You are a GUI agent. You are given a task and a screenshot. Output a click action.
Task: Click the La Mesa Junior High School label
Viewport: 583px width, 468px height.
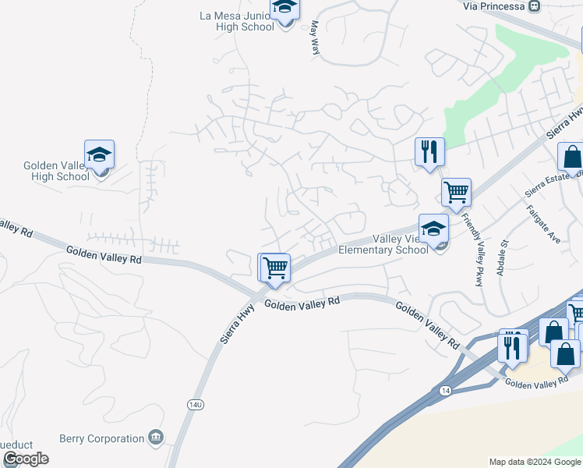point(237,21)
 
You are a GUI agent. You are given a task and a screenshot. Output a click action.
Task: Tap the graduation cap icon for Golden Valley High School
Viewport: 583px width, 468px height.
point(100,154)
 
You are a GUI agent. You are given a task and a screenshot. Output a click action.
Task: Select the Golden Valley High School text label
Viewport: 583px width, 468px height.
point(56,171)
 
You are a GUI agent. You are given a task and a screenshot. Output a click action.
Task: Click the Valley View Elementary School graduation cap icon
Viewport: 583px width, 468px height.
point(433,229)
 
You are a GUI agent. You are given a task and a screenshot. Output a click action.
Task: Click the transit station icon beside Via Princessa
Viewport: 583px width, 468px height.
point(534,6)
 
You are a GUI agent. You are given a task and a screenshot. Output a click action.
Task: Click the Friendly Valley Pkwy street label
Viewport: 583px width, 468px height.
point(472,249)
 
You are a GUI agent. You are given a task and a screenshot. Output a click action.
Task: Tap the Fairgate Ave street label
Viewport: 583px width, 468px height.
point(542,225)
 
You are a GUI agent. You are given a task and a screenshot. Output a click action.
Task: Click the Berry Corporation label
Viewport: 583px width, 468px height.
point(102,438)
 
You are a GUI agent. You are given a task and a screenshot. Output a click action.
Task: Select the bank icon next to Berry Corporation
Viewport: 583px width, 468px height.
point(157,437)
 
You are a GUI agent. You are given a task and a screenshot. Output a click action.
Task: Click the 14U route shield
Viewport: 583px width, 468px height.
point(196,404)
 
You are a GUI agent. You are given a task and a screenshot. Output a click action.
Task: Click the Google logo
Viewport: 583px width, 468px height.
point(26,459)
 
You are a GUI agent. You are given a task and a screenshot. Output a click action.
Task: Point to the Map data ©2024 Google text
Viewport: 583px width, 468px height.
point(535,462)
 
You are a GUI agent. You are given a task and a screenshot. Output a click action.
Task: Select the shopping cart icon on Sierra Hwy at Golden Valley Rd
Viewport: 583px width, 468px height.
point(275,268)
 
